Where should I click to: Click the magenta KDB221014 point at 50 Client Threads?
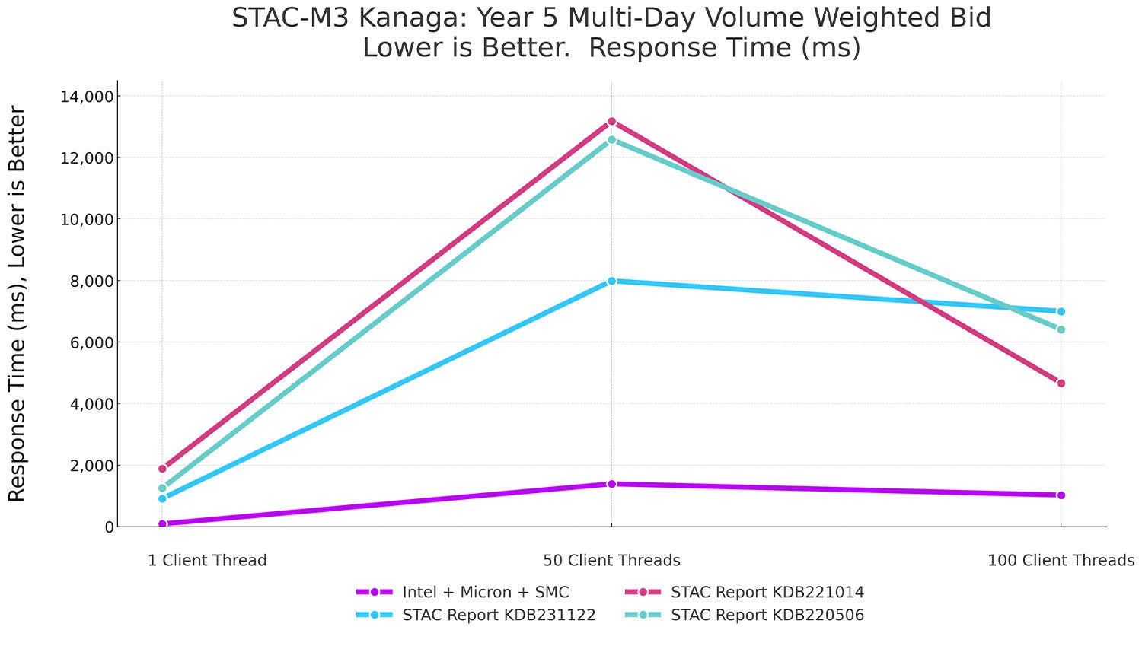(611, 122)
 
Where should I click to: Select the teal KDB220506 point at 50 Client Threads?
(611, 140)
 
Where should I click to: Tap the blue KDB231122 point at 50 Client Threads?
(611, 281)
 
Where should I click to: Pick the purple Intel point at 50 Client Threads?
(611, 484)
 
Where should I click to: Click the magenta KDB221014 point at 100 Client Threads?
(1061, 383)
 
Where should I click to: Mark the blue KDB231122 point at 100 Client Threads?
(1061, 311)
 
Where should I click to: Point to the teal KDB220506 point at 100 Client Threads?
(1061, 329)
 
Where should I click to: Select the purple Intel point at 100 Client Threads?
(1061, 495)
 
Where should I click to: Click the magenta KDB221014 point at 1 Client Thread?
(162, 469)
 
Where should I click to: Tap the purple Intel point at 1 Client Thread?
(162, 523)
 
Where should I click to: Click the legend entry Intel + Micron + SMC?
(485, 592)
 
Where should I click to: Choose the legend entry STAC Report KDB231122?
(499, 615)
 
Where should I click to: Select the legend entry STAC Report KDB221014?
(767, 592)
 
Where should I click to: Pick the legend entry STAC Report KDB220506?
(767, 615)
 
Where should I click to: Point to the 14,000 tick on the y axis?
(85, 97)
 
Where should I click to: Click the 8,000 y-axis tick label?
(89, 282)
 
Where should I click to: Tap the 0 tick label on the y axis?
(109, 527)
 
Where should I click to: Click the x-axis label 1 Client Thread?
(207, 561)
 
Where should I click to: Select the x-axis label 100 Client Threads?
(1061, 561)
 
